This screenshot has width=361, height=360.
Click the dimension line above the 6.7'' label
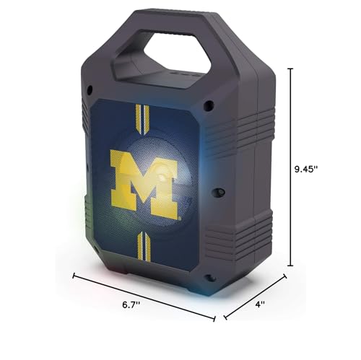[144, 296]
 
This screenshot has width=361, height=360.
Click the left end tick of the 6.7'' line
[74, 274]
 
